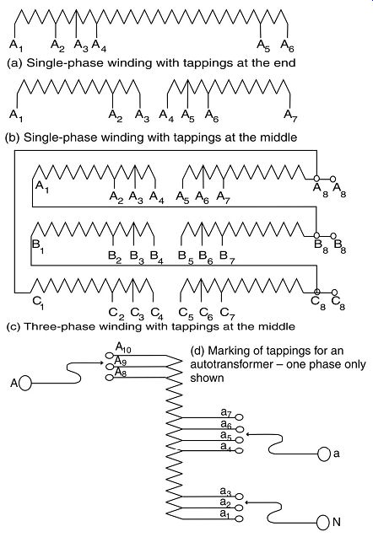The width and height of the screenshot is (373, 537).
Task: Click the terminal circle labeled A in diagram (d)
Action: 25,383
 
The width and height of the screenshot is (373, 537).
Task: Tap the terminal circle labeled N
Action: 322,522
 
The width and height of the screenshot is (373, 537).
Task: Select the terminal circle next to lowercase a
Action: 323,454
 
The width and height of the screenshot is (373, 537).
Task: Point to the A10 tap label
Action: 123,347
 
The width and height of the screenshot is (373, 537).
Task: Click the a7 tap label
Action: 227,412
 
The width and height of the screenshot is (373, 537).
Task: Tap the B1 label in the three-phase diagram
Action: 38,246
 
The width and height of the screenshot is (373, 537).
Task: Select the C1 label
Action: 38,302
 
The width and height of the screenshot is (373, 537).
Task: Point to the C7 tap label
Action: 227,313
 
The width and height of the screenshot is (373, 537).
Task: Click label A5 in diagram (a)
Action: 263,46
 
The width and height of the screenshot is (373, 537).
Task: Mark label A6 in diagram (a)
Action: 287,46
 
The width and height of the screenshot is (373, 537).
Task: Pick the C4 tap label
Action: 157,313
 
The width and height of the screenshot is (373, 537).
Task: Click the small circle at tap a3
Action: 240,497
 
